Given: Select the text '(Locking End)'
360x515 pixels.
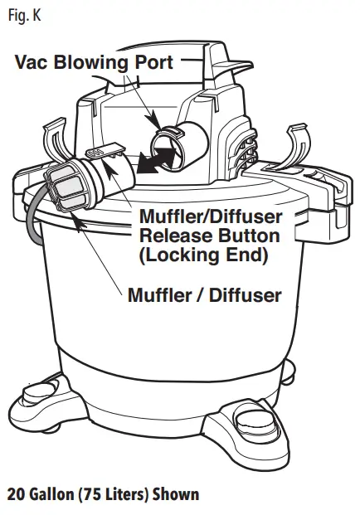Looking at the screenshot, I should coord(204,255).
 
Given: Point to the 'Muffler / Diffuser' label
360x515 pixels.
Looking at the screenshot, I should coord(204,294).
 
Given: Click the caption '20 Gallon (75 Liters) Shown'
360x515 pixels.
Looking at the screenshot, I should coord(104,494).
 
